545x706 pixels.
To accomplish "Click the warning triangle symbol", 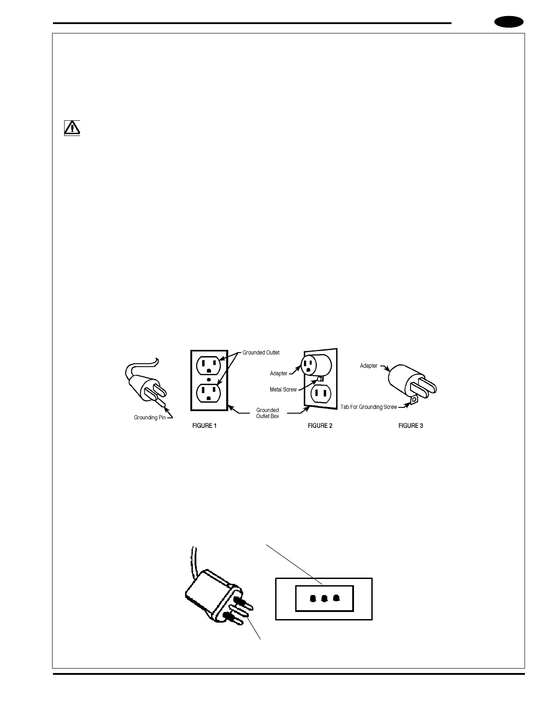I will click(72, 128).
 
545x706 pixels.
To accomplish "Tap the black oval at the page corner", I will click(509, 22).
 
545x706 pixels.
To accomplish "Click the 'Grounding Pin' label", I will click(150, 418).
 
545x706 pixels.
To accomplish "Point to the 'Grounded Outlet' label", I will click(261, 353).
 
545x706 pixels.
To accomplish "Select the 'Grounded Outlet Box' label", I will click(268, 413).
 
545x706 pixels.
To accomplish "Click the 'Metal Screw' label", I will click(283, 390).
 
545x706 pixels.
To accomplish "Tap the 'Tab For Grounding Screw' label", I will click(369, 407).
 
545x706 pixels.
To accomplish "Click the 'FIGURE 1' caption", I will click(204, 426).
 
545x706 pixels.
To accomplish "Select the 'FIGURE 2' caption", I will click(320, 426).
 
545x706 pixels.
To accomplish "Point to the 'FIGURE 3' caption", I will click(411, 426).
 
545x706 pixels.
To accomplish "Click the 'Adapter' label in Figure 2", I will click(279, 374).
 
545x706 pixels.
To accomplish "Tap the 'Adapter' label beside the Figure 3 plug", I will click(369, 366).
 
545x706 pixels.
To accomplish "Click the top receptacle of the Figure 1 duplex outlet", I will click(209, 365).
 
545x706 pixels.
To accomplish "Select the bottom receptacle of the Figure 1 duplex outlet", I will click(209, 392).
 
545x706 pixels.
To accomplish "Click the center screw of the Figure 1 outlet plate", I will click(209, 379).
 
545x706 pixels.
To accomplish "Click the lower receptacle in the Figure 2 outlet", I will click(321, 394).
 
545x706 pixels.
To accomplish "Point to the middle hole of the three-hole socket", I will click(325, 598).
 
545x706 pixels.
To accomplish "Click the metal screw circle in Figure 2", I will click(319, 379).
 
